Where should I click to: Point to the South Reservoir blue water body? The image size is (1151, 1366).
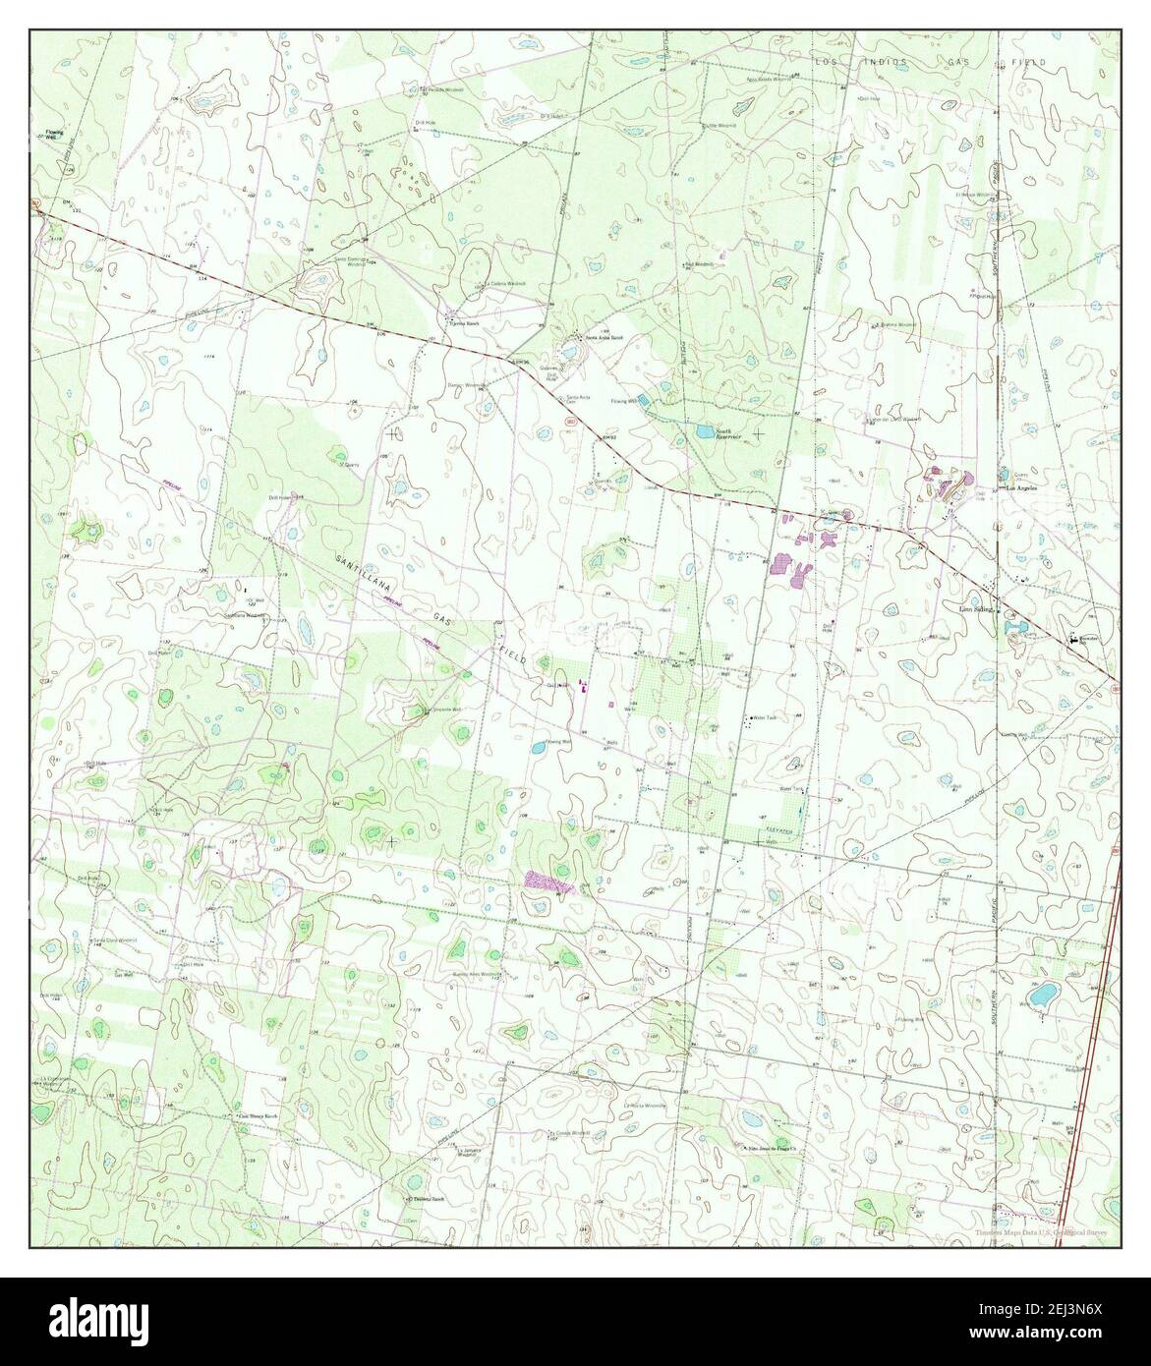(x=704, y=431)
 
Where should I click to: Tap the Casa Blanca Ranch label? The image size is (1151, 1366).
(x=257, y=1116)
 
